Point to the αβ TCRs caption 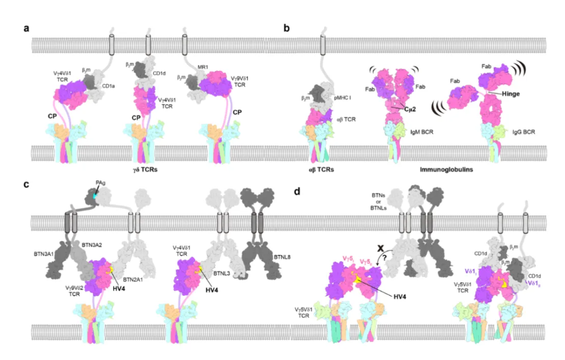pos(315,170)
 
